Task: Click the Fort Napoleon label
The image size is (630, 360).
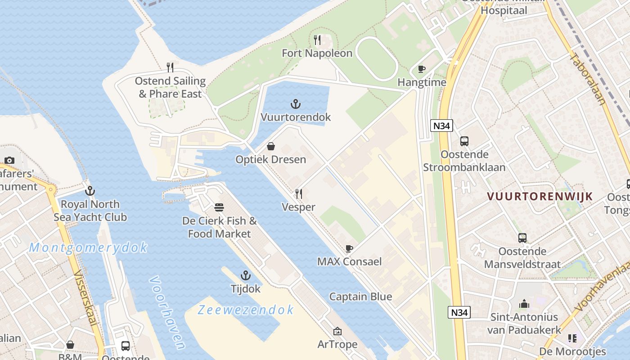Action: point(317,53)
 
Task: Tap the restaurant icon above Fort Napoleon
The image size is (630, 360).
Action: point(317,40)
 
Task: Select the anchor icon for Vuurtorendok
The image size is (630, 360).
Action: point(295,104)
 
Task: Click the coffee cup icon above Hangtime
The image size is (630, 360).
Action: point(422,69)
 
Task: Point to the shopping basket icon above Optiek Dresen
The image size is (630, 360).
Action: point(271,146)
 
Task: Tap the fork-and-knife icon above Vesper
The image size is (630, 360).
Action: point(298,194)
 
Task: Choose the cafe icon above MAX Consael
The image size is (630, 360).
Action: point(349,248)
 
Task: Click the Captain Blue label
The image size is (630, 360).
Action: point(360,297)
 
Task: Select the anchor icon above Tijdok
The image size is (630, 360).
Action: point(246,275)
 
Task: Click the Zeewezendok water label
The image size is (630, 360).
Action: point(246,310)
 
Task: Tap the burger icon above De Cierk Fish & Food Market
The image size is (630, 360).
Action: point(220,207)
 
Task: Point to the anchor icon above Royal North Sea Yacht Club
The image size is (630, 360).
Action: point(90,191)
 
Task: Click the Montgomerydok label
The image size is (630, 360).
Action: point(88,247)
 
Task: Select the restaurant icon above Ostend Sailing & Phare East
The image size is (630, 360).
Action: point(170,67)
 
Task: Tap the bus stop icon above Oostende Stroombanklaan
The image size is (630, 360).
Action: point(464,141)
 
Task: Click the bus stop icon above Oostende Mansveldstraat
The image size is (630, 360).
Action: point(522,238)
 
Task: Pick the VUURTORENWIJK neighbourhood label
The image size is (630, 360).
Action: point(540,196)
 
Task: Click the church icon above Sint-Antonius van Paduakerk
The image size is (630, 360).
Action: point(524,304)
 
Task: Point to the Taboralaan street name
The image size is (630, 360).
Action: point(587,79)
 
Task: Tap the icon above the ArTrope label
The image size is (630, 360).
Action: point(337,332)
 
